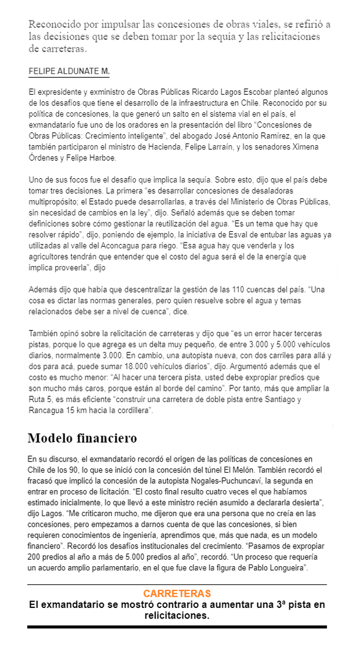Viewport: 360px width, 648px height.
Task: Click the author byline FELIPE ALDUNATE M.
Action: click(x=69, y=72)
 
